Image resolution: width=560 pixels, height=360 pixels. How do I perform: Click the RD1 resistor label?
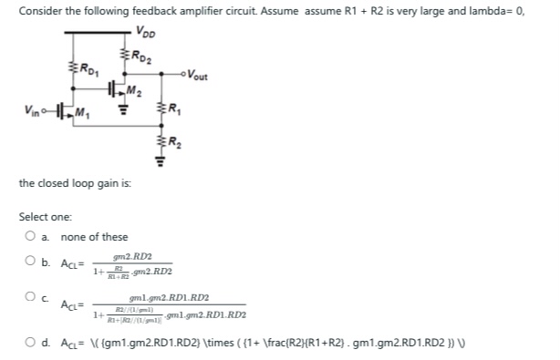click(x=87, y=66)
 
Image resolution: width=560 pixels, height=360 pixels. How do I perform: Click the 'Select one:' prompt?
click(x=43, y=218)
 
